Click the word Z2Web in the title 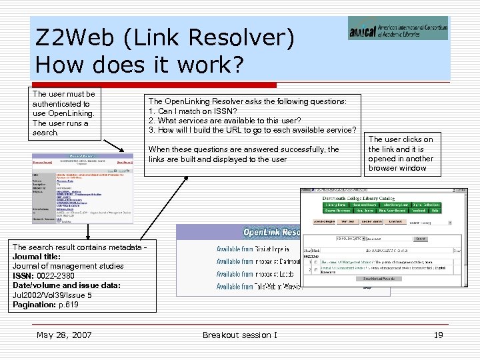pos(75,38)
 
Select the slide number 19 pos(438,335)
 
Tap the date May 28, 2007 pos(64,335)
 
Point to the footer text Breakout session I pos(240,335)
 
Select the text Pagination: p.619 pos(45,305)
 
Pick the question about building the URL pos(253,129)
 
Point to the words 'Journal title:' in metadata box pos(37,256)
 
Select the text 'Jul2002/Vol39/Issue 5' pos(52,295)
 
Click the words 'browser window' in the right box pos(398,168)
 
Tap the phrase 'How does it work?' pos(141,65)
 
